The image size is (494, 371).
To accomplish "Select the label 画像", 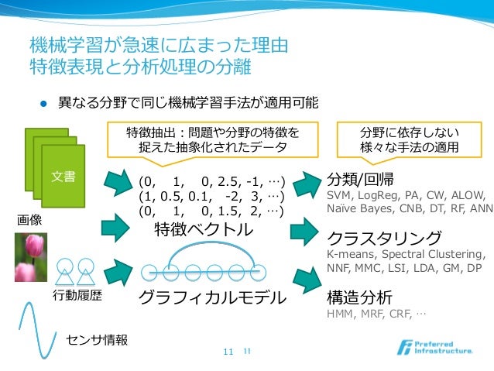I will tap(30, 220).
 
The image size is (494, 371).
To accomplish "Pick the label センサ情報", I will tap(97, 339).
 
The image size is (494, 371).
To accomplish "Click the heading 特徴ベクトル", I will tap(203, 230).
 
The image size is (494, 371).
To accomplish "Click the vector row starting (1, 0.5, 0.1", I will tap(211, 196).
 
